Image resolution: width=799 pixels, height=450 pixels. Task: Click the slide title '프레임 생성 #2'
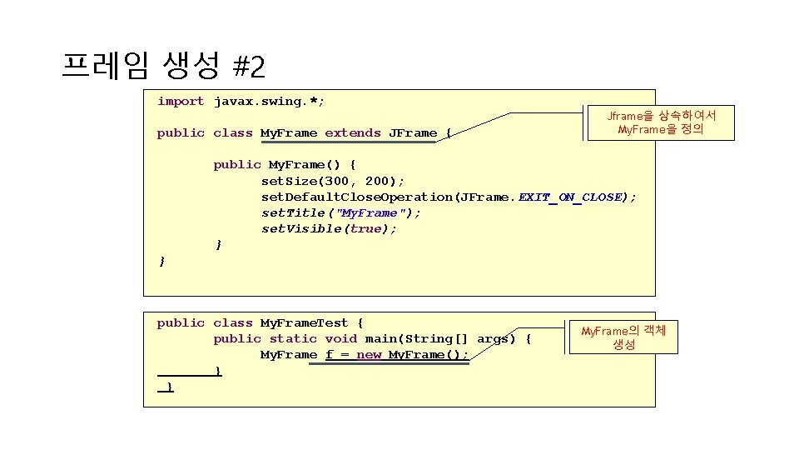pos(163,64)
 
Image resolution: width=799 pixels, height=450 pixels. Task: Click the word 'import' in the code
pos(181,102)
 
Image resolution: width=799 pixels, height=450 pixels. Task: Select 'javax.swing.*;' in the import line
pos(269,102)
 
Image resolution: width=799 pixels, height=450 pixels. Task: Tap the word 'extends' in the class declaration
pos(352,133)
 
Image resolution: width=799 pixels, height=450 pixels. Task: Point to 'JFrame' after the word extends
pos(413,133)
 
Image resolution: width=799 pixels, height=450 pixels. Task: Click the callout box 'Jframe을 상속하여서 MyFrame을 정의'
pos(661,122)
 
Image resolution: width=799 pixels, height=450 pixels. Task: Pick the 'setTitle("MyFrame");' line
pos(341,213)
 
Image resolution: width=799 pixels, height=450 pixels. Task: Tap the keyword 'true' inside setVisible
pos(365,229)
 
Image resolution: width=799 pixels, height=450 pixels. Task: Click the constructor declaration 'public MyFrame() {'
pos(285,165)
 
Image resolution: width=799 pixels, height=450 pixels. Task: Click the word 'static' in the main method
pos(293,339)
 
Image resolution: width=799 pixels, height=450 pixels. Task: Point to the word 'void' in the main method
pos(340,339)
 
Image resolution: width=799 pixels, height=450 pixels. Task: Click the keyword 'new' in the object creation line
pos(369,355)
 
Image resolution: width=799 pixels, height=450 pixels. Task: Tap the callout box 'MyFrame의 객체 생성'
pos(623,337)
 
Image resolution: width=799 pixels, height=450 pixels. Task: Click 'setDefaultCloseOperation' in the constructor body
pos(357,197)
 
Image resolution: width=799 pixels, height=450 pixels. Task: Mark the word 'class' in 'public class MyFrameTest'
pos(233,323)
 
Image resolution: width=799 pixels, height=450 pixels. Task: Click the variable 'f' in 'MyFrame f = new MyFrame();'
pos(330,355)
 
